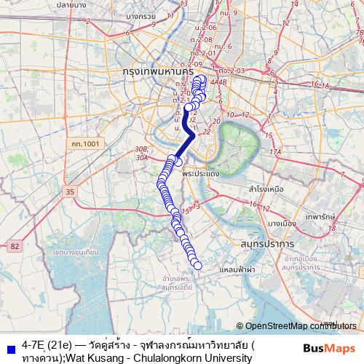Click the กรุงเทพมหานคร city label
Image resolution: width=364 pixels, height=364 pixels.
(158, 74)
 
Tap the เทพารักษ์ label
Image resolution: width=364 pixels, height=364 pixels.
(320, 216)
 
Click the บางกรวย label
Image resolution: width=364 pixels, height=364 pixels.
(141, 15)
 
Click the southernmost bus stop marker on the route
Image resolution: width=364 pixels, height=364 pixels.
(197, 265)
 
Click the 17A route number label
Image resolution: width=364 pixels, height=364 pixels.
(274, 151)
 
